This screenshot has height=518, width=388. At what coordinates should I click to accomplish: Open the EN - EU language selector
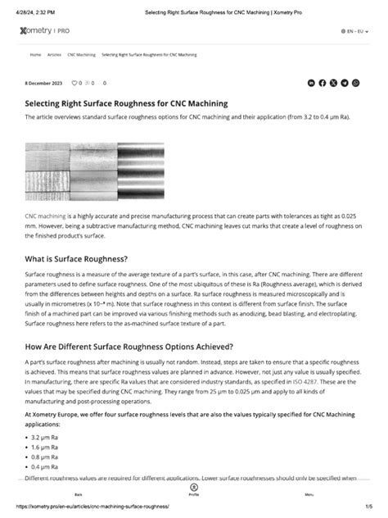click(354, 30)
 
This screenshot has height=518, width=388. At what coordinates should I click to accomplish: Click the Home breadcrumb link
click(35, 54)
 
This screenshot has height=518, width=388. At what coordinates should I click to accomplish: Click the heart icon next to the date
click(74, 83)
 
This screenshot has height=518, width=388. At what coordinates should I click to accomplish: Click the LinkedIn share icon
click(311, 83)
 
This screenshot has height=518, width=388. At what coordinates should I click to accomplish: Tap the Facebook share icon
click(323, 83)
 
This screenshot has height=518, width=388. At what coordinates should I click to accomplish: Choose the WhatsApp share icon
click(355, 83)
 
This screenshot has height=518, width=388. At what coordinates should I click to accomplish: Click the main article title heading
click(126, 104)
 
